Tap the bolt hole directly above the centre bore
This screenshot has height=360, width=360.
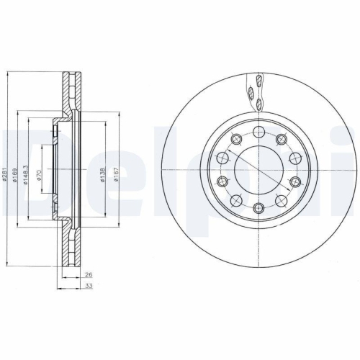pyautogui.click(x=258, y=132)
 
